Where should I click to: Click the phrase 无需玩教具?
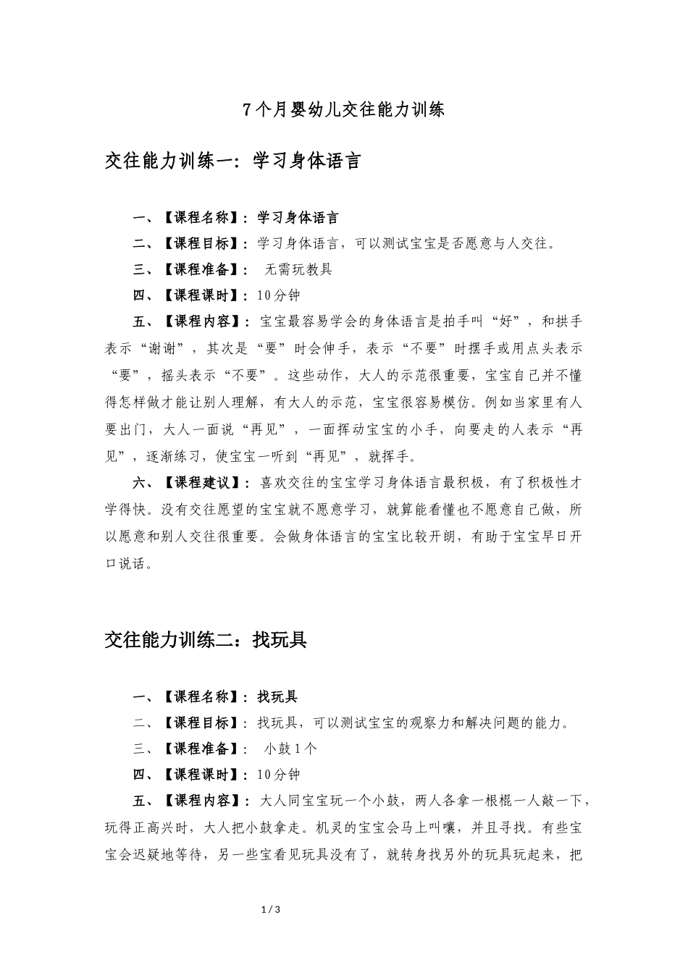click(x=298, y=269)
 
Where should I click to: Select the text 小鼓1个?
click(x=290, y=749)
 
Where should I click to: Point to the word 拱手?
click(x=569, y=321)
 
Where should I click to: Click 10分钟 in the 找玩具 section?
click(x=278, y=775)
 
